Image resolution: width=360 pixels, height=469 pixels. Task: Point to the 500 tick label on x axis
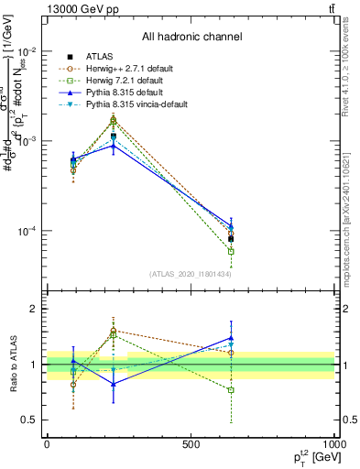[x=191, y=442]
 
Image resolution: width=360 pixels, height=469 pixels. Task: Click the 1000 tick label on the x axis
[x=334, y=442]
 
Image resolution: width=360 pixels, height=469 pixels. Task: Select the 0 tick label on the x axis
[x=47, y=442]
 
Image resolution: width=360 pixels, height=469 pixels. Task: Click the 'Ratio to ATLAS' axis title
[x=12, y=365]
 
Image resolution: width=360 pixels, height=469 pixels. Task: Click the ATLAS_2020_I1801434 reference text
[x=191, y=274]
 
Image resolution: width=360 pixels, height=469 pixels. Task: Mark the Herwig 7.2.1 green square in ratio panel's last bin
[x=231, y=390]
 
